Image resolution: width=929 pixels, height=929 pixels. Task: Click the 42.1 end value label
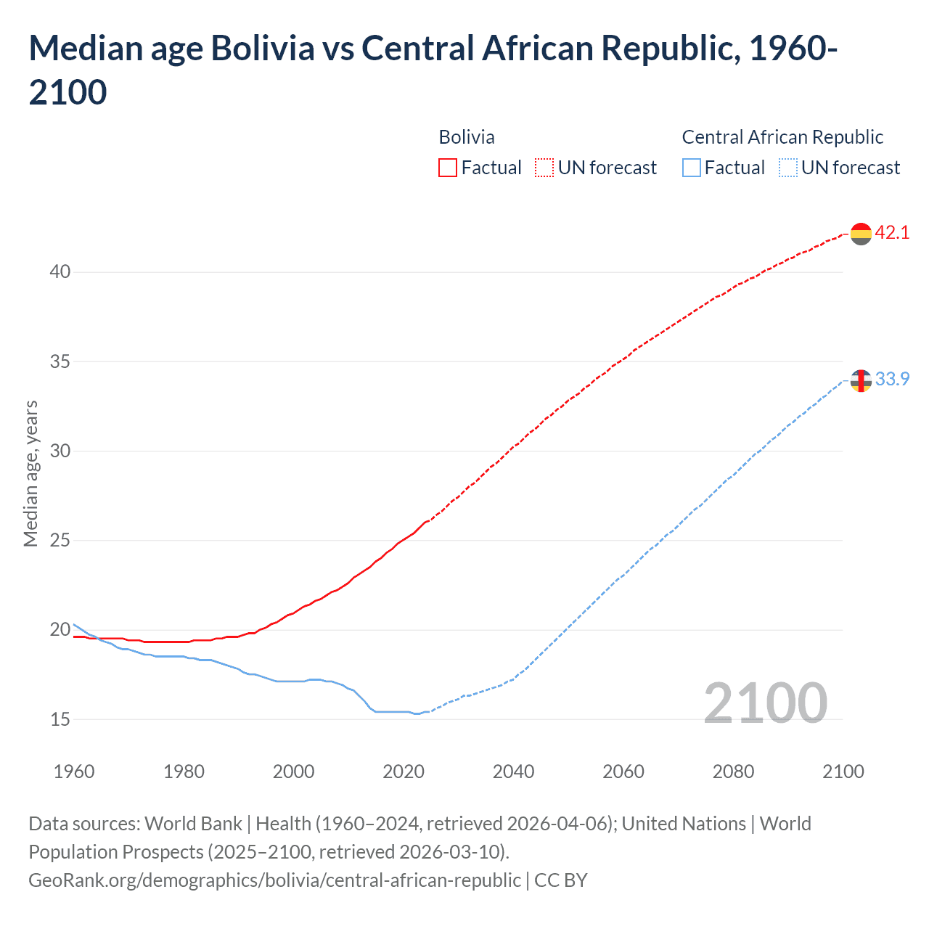(892, 232)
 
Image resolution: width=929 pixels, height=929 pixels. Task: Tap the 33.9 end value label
(892, 379)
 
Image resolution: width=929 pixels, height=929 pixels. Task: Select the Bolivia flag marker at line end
(861, 234)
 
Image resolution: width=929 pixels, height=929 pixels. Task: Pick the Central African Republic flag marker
(861, 380)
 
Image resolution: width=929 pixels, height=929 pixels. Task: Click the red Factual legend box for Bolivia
(448, 168)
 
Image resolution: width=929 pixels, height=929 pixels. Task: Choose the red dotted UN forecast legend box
(544, 168)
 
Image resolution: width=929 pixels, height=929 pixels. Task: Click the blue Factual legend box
(692, 168)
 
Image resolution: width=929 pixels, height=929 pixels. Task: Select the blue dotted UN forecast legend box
(788, 168)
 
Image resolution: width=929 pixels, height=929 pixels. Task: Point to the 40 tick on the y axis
(60, 272)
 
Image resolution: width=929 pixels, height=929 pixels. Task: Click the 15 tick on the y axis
(60, 719)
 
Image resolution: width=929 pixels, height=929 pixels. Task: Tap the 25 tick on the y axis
(60, 541)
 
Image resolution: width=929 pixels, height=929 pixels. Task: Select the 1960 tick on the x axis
(74, 772)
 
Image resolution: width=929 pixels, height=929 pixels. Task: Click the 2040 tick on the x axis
(513, 772)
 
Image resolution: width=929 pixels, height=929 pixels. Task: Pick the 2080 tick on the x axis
(733, 772)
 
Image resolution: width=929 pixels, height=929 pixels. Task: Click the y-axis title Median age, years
(30, 473)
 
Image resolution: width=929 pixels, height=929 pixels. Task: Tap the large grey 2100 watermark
(765, 703)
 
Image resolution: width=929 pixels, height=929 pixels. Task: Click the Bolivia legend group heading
(467, 137)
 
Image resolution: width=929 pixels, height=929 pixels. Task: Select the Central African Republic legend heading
(782, 137)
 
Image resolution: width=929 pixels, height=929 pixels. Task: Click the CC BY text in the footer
(561, 880)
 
